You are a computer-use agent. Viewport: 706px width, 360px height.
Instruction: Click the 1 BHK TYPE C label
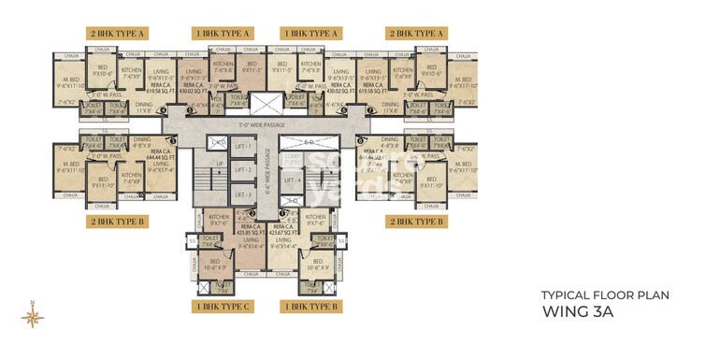point(222,306)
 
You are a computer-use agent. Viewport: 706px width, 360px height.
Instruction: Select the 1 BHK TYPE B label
point(310,306)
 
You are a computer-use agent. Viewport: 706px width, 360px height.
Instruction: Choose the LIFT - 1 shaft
point(242,148)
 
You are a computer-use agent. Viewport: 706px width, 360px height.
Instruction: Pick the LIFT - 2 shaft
point(242,170)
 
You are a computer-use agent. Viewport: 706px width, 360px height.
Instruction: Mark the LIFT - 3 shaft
point(242,194)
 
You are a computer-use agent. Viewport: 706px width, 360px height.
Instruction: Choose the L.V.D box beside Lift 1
point(218,142)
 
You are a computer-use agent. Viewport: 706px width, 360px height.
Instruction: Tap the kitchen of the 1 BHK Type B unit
point(313,223)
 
